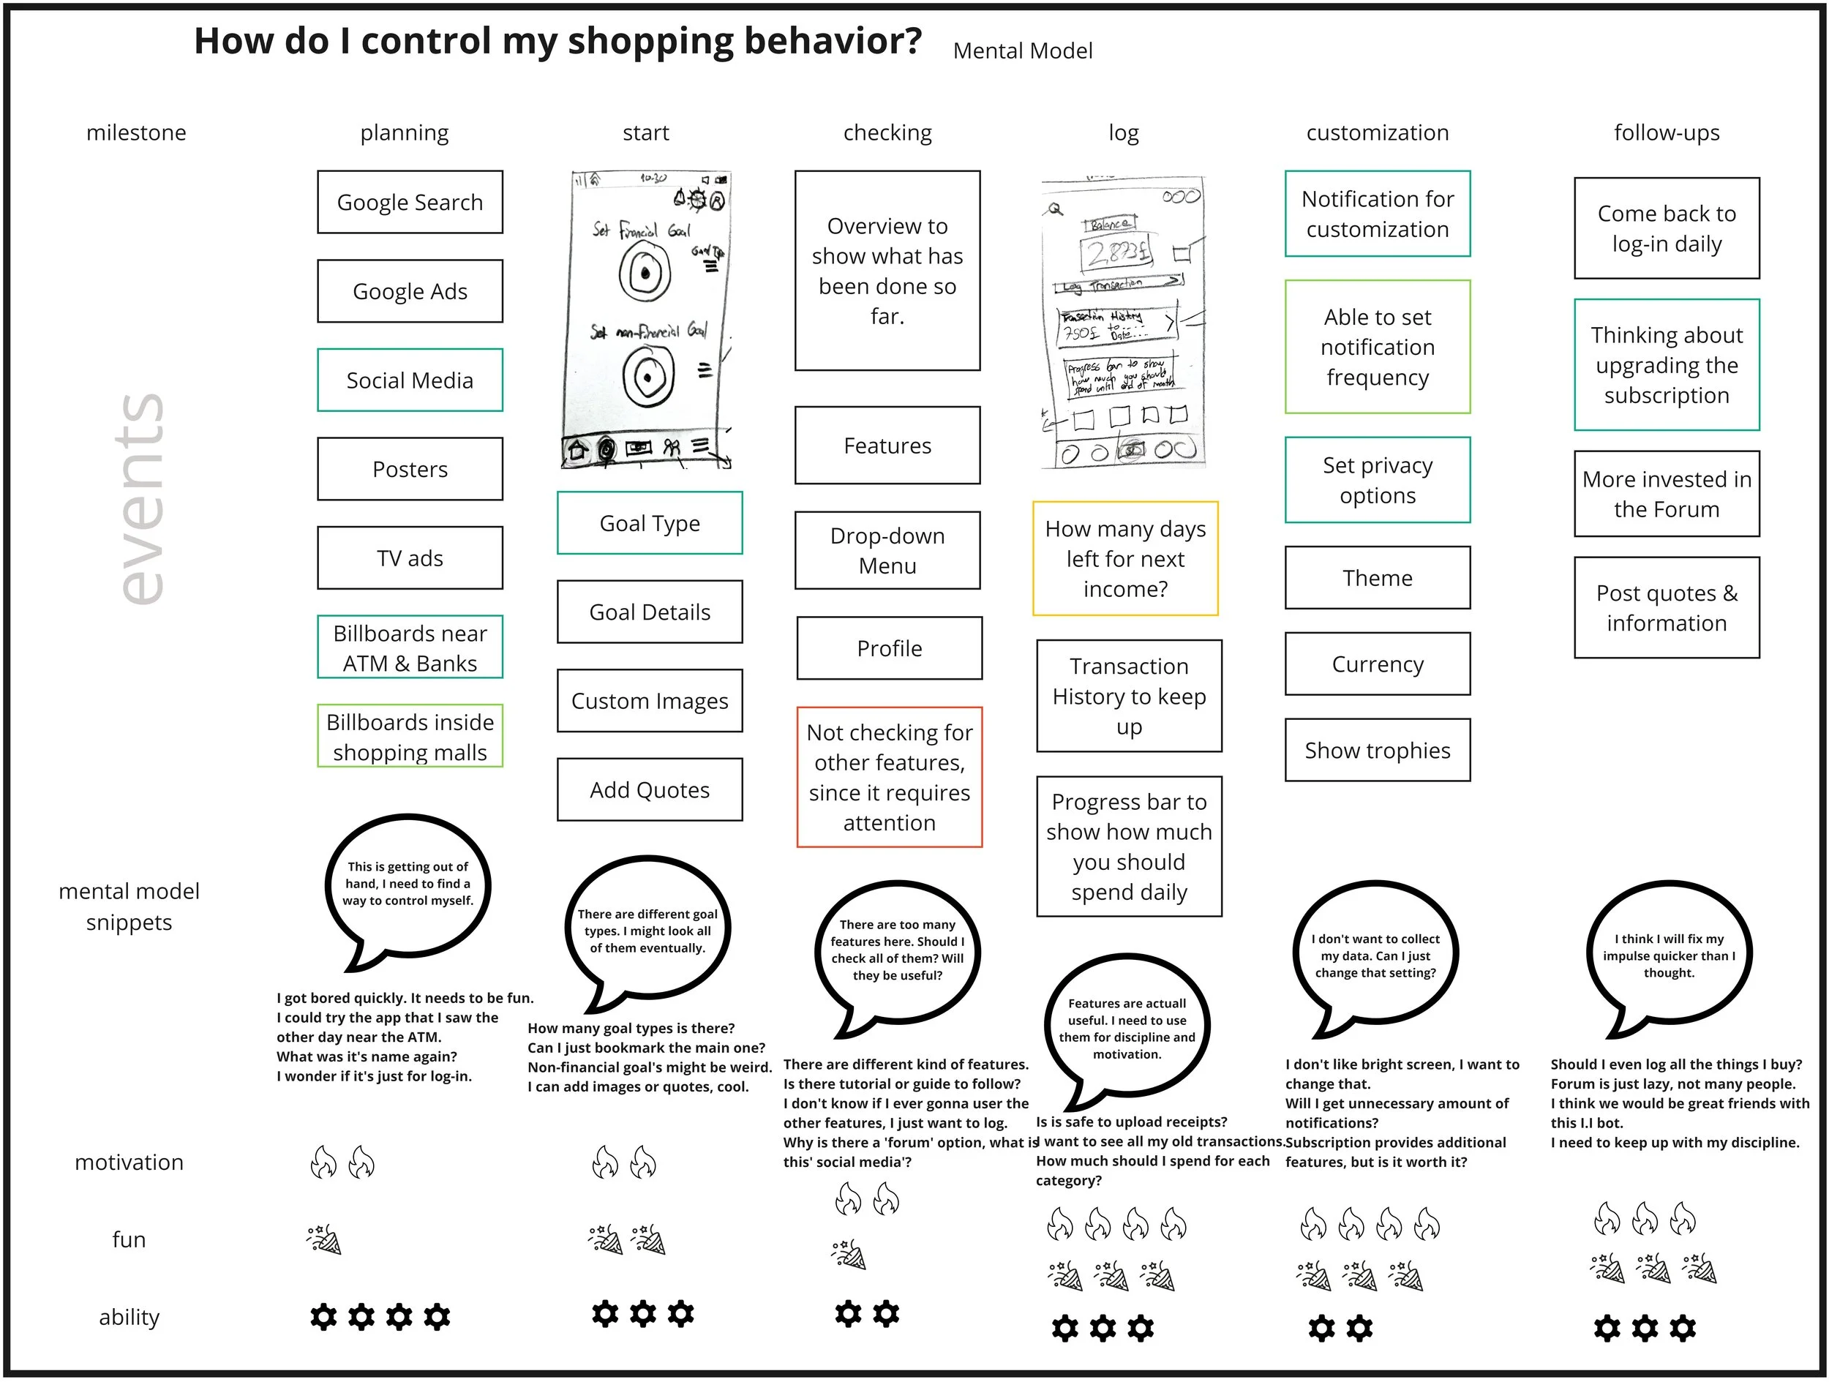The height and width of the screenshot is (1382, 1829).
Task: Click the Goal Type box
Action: (649, 522)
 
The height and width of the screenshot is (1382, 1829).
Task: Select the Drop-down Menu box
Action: (887, 550)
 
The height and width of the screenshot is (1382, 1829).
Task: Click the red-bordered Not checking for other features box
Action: (889, 777)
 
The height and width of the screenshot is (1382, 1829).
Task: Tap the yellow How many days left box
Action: (1125, 558)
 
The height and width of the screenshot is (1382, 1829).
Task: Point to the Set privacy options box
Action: (1378, 480)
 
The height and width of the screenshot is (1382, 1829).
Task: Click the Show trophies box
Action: (1378, 749)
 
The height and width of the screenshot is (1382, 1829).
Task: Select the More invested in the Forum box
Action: (1666, 494)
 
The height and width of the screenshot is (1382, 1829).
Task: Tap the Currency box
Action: (1378, 664)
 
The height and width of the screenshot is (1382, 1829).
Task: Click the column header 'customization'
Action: (1378, 132)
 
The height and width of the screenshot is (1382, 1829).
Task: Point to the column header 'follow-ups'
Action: (1666, 132)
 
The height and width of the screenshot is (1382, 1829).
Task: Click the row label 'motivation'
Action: (129, 1162)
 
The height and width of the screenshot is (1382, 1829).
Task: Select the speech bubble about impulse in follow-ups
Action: (1669, 955)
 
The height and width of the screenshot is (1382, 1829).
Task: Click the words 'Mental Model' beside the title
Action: (1022, 51)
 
